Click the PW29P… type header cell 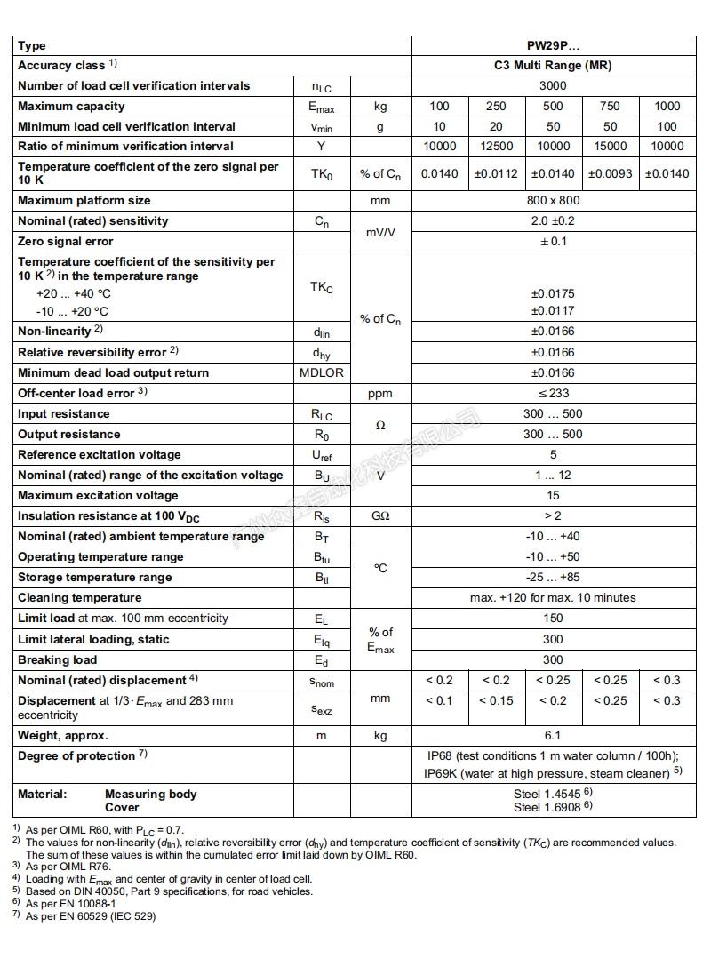pyautogui.click(x=553, y=45)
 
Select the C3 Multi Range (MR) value pyautogui.click(x=553, y=65)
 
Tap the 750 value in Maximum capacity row pyautogui.click(x=610, y=106)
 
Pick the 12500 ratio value pyautogui.click(x=496, y=146)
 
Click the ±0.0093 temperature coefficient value pyautogui.click(x=610, y=173)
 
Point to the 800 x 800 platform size pyautogui.click(x=553, y=200)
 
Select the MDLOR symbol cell pyautogui.click(x=322, y=372)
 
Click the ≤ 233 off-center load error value pyautogui.click(x=553, y=393)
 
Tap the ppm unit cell pyautogui.click(x=380, y=393)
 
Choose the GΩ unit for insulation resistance pyautogui.click(x=380, y=515)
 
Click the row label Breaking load pyautogui.click(x=58, y=659)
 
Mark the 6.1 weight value pyautogui.click(x=553, y=735)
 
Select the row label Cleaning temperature pyautogui.click(x=80, y=597)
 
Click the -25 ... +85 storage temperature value pyautogui.click(x=553, y=577)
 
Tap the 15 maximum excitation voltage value pyautogui.click(x=553, y=495)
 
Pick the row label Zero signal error pyautogui.click(x=66, y=241)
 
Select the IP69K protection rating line pyautogui.click(x=553, y=773)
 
